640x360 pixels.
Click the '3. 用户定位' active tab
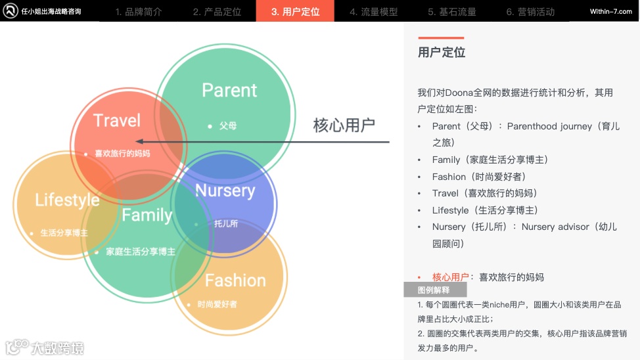coord(295,11)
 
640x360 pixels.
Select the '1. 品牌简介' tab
coord(138,12)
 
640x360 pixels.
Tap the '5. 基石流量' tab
coord(452,12)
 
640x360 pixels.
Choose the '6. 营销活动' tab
coord(530,12)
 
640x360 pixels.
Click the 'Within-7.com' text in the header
coord(610,12)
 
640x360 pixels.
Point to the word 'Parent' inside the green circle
coord(229,90)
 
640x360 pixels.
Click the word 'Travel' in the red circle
coord(117,120)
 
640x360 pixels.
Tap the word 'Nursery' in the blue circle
coord(225,191)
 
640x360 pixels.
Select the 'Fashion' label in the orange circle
coord(235,281)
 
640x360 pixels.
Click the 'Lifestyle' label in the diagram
coord(67,200)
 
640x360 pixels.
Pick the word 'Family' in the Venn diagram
coord(147,215)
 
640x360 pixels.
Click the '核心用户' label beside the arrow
coord(344,125)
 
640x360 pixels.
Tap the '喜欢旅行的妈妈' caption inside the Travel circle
coord(122,154)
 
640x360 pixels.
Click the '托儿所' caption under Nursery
coord(226,223)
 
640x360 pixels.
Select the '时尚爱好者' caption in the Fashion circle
coord(217,304)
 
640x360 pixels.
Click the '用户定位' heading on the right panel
coord(442,53)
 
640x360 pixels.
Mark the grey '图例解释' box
coord(435,290)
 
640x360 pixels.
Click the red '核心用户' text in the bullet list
coord(450,277)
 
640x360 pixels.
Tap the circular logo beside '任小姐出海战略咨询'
coord(11,11)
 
